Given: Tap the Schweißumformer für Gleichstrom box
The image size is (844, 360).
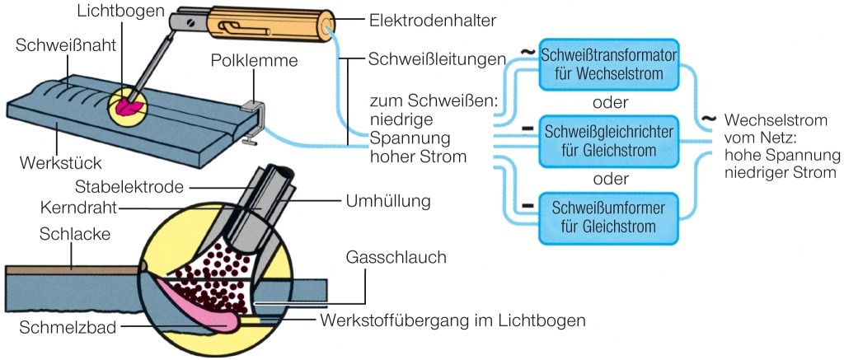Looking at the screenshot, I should [609, 213].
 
